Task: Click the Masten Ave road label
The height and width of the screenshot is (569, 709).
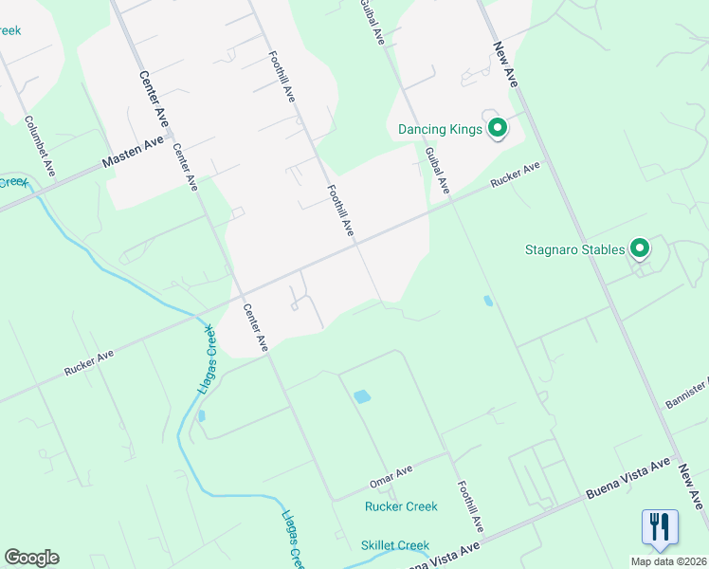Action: (133, 155)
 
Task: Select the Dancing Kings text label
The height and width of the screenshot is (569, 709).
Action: (440, 129)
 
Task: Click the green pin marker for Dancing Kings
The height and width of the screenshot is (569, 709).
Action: (497, 129)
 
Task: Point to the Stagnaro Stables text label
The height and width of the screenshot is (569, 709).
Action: (574, 250)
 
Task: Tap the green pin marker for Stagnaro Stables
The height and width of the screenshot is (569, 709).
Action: (640, 249)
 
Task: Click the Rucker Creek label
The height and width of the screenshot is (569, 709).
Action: (401, 506)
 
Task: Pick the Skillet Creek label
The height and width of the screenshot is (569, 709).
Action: (395, 545)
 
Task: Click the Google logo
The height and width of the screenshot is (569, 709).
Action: (31, 558)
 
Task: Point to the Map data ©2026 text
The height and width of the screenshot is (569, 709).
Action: (668, 561)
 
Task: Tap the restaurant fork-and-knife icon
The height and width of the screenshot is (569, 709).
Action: (660, 526)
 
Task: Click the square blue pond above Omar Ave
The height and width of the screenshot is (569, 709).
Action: (361, 396)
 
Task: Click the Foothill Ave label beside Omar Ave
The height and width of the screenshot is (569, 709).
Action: (470, 505)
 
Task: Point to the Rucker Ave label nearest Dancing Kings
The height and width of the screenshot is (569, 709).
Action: (515, 175)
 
